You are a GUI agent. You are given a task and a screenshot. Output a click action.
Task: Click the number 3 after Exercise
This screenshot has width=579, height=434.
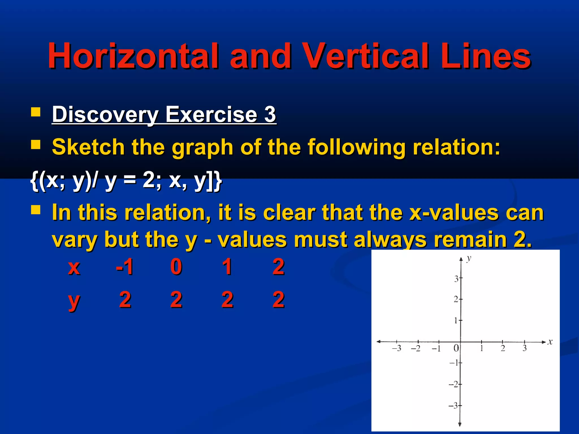pyautogui.click(x=270, y=114)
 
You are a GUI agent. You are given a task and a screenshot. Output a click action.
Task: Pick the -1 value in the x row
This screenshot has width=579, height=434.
pyautogui.click(x=125, y=266)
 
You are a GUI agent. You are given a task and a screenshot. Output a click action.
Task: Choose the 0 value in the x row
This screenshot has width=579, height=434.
pyautogui.click(x=176, y=266)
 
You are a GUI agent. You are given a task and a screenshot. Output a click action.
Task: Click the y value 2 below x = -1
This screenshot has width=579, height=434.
pyautogui.click(x=125, y=300)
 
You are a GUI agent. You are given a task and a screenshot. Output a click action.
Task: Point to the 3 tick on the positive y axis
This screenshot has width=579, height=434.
pyautogui.click(x=456, y=279)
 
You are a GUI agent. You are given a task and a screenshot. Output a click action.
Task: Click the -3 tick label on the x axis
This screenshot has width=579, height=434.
pyautogui.click(x=397, y=348)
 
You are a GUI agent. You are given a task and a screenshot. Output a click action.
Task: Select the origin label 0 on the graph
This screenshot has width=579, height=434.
pyautogui.click(x=456, y=348)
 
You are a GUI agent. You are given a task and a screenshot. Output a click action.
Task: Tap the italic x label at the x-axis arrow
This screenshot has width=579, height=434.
pyautogui.click(x=550, y=342)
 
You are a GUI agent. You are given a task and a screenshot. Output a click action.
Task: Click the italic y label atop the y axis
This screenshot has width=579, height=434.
pyautogui.click(x=469, y=258)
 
